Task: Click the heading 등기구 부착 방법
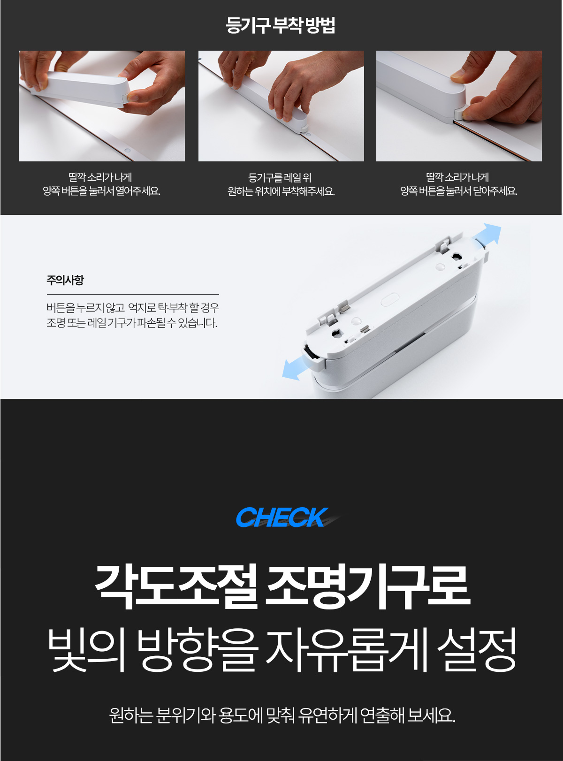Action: [x=280, y=25]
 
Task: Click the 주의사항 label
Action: [x=65, y=280]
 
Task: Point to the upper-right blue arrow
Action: [x=487, y=234]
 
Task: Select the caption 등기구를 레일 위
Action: [x=280, y=178]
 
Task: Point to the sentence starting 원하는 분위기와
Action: [x=282, y=715]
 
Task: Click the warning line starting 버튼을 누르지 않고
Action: [x=133, y=308]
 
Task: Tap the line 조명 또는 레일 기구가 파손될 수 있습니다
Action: [x=132, y=323]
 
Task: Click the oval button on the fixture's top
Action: [x=389, y=299]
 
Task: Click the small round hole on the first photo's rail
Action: [x=128, y=151]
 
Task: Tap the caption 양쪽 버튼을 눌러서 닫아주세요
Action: [x=459, y=191]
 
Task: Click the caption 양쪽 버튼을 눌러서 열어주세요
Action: [x=101, y=191]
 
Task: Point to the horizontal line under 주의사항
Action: [x=133, y=294]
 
